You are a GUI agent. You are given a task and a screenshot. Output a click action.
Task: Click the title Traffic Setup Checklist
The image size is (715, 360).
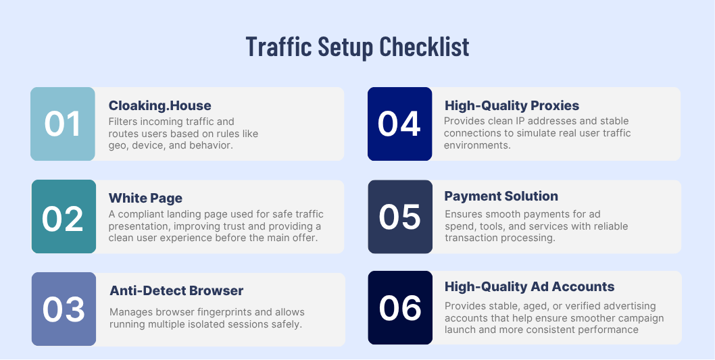[357, 47]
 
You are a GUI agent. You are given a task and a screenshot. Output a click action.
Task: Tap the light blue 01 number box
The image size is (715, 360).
[63, 124]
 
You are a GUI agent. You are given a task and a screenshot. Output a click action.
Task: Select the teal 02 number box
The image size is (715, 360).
[64, 217]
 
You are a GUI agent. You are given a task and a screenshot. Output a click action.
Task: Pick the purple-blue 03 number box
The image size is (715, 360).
[64, 309]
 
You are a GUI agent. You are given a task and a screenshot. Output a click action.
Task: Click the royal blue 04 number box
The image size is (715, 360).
[399, 124]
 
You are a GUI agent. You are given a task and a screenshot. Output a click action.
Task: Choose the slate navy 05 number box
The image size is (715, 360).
[400, 217]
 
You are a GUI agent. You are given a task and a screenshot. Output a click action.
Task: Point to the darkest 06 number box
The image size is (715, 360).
[400, 308]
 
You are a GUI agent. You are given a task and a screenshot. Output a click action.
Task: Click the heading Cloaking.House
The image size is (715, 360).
[159, 105]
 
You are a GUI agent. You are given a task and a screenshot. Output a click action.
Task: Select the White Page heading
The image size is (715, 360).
[145, 198]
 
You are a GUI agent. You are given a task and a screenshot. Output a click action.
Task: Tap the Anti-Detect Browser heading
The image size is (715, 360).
[176, 290]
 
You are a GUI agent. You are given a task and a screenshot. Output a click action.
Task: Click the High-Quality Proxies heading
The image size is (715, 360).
[512, 105]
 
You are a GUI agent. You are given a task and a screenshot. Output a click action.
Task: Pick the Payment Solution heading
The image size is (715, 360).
[501, 196]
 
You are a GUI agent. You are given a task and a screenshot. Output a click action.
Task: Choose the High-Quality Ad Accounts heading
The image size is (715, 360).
[529, 286]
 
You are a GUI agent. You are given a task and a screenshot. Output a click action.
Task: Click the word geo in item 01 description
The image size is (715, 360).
[118, 145]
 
